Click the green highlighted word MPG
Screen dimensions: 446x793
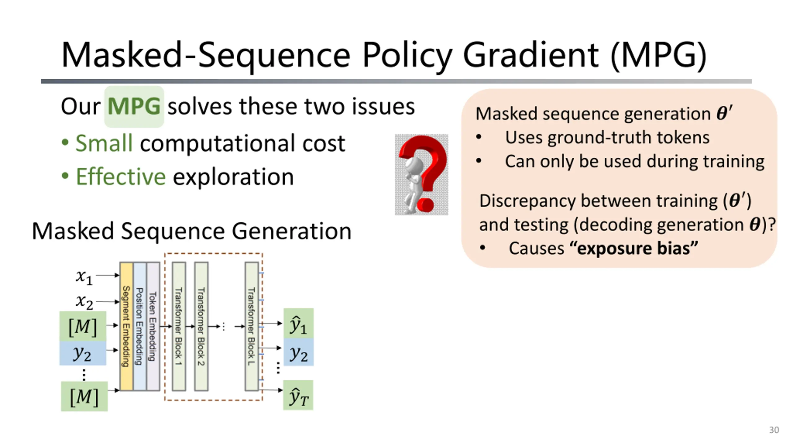tap(134, 107)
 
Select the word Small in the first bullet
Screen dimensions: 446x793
tap(104, 143)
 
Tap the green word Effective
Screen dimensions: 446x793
tap(121, 177)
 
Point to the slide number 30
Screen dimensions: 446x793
tap(774, 430)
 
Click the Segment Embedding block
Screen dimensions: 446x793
tap(126, 326)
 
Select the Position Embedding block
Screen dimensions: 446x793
tap(140, 326)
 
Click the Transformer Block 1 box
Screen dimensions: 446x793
tap(179, 326)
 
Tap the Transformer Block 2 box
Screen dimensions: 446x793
tap(201, 326)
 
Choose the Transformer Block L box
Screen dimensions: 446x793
tap(252, 326)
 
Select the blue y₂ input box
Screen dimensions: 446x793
tap(83, 353)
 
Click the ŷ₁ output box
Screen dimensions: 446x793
tap(298, 324)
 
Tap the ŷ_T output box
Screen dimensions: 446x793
tap(298, 396)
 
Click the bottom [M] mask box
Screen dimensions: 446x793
tap(84, 396)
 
